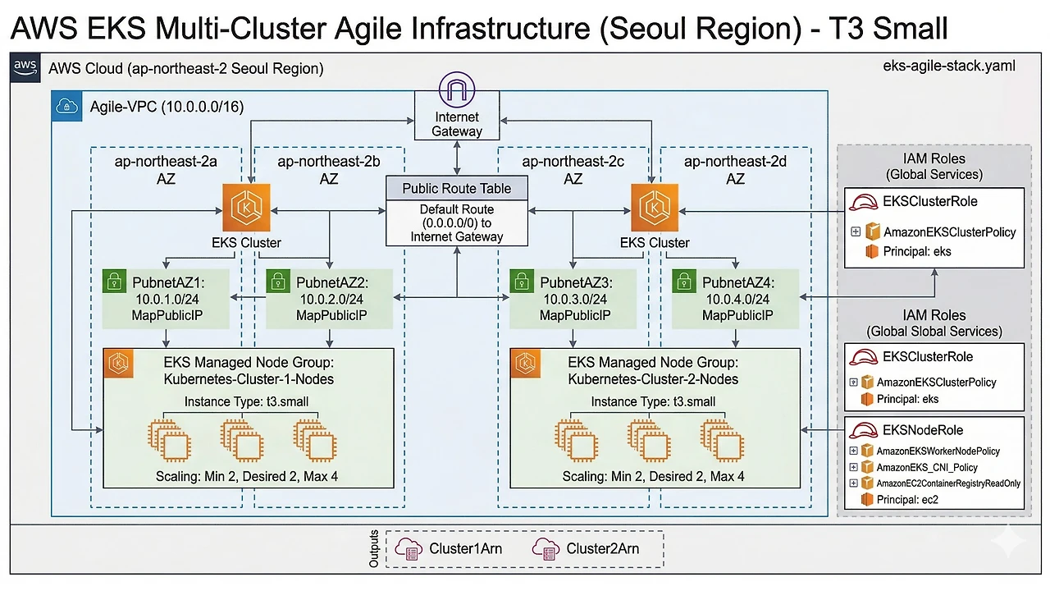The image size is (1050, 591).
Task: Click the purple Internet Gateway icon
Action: coord(458,89)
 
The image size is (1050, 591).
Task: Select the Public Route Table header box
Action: coord(456,189)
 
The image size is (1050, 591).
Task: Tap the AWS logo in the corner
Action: coord(25,67)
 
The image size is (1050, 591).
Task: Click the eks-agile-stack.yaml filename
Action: coord(946,66)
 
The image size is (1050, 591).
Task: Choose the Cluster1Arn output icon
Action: coord(408,547)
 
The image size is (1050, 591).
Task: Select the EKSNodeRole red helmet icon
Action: coord(863,430)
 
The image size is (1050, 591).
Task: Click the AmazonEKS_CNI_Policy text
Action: coord(927,467)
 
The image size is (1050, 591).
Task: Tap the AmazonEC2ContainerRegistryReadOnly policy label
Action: coord(948,483)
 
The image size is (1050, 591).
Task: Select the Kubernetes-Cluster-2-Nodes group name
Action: coord(653,379)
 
